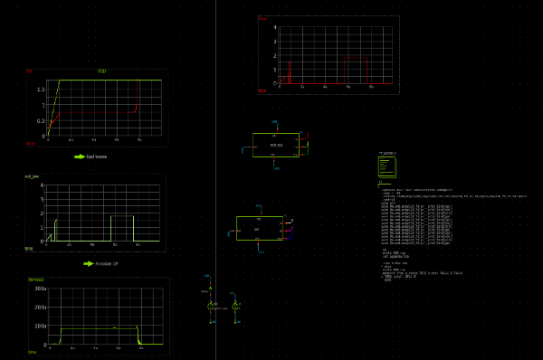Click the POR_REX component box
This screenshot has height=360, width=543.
coord(276,145)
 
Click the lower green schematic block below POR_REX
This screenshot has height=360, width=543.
coord(259,228)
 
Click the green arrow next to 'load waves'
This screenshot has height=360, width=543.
coord(79,156)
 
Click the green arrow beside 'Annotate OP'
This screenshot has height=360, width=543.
coord(88,263)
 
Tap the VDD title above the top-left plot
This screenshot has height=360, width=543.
coord(101,71)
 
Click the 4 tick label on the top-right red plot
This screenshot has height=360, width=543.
coord(274,27)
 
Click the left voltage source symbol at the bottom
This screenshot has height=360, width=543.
coord(211,308)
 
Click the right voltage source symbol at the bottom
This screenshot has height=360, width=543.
coord(235,308)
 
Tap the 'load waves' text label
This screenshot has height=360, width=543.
coord(97,156)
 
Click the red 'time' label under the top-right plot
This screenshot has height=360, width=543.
coord(262,90)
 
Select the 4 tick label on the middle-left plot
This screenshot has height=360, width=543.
coord(41,199)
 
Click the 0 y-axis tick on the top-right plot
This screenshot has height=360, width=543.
coord(274,83)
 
